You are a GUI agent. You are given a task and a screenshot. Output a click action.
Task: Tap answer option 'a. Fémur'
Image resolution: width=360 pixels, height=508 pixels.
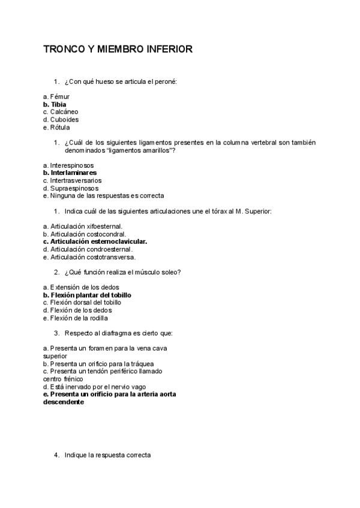coord(56,96)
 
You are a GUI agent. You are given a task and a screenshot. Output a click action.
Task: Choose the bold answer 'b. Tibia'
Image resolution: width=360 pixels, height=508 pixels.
coord(55,104)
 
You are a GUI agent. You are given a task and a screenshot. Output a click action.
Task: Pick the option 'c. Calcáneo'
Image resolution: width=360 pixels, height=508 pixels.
coord(61,112)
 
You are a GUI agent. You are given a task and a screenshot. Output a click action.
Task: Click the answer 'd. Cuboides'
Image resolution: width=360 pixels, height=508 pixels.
coord(61,120)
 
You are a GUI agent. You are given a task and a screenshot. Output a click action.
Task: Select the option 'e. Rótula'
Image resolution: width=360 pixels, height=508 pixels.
coord(56,128)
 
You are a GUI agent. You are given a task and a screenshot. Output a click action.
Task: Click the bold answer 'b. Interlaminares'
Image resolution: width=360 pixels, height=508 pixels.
coord(70,173)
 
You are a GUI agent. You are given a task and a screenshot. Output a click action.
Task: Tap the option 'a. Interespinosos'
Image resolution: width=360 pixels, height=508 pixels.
coord(68,165)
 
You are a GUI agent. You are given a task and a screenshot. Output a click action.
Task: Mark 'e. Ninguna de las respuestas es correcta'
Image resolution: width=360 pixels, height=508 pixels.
coord(103,196)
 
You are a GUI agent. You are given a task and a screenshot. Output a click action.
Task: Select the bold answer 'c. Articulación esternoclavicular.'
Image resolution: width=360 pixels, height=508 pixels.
coord(95,241)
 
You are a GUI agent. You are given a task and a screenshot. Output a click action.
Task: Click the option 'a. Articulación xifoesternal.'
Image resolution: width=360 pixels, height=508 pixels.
coord(83,226)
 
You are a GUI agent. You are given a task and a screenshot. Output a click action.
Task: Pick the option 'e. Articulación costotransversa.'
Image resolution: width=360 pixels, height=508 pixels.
coord(89,257)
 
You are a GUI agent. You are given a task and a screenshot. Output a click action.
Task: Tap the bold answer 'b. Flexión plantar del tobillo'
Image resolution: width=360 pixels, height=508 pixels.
coord(87,295)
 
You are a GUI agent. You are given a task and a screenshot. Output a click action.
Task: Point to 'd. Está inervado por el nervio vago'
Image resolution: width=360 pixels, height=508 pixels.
coord(94,387)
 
